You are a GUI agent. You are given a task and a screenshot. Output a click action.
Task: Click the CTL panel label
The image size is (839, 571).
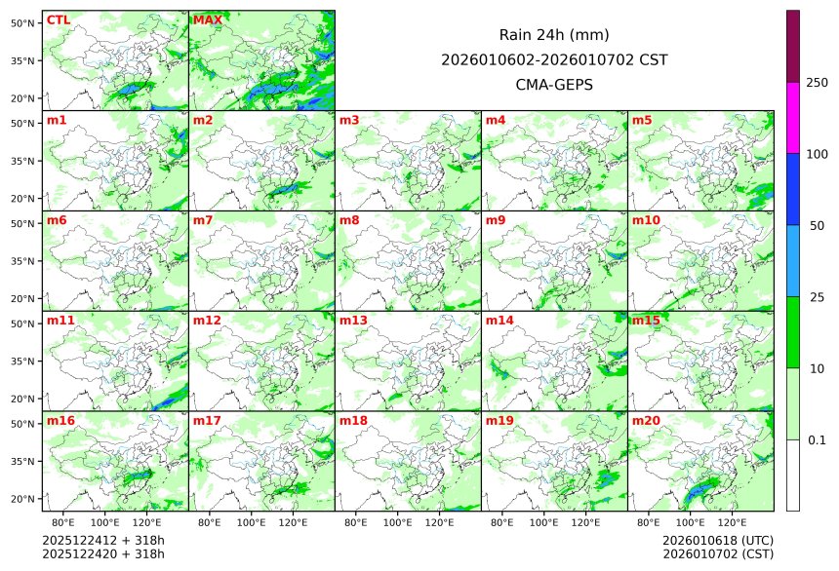tap(58, 20)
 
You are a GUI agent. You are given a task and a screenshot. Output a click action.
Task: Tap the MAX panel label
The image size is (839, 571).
tap(206, 20)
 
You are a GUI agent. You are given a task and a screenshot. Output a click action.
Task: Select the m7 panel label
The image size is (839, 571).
tap(203, 221)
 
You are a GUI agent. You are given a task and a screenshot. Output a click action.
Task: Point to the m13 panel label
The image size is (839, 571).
tap(353, 321)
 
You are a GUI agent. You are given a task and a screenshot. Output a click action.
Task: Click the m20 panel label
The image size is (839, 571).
tap(646, 421)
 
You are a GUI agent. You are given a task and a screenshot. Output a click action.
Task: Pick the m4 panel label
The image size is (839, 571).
tap(496, 121)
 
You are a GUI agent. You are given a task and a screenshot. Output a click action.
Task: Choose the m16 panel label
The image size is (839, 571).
tap(60, 421)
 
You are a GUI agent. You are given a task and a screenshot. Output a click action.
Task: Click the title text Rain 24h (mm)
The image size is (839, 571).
tap(554, 35)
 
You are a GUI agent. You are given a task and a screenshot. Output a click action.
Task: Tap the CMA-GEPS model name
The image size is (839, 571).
tap(554, 85)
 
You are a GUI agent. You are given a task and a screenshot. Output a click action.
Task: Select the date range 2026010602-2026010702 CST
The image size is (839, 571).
tap(554, 59)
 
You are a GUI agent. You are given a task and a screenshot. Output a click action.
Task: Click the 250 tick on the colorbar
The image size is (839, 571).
tap(817, 83)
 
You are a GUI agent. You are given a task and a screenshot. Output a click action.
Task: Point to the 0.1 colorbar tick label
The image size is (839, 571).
tap(817, 440)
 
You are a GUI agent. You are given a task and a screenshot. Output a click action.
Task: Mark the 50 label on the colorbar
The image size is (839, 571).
tap(817, 226)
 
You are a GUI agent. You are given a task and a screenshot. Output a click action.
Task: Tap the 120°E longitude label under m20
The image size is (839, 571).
tap(733, 522)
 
